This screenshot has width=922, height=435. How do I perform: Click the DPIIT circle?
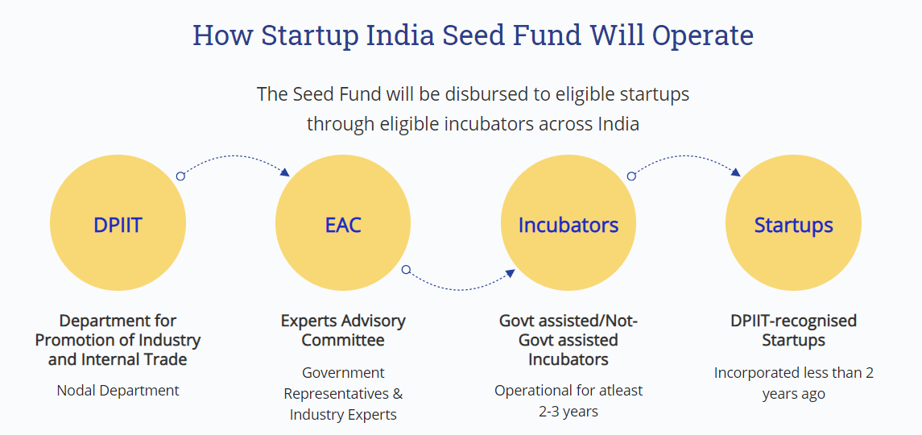[x=118, y=224]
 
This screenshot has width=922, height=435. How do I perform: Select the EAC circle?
[x=343, y=224]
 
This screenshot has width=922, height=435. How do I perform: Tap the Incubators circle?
[x=568, y=224]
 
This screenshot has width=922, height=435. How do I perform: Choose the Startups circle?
[x=793, y=224]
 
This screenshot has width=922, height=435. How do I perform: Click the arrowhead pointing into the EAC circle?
[x=285, y=172]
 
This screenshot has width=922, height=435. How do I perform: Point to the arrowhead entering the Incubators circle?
[x=511, y=274]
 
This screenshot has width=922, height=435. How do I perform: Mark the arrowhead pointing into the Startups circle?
[x=736, y=172]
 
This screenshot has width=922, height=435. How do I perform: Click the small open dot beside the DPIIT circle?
[x=180, y=176]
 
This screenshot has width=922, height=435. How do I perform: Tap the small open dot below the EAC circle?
[x=406, y=270]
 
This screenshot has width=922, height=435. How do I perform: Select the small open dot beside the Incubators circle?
[x=631, y=176]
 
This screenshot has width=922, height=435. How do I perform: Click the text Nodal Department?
[x=118, y=390]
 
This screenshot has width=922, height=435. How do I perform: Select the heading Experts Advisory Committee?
[x=343, y=331]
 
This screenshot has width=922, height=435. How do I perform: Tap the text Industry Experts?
[x=343, y=414]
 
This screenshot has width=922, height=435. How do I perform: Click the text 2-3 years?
[x=568, y=411]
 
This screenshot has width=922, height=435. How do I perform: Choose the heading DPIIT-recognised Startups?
[x=794, y=331]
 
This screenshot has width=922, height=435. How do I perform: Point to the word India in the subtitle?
[x=618, y=124]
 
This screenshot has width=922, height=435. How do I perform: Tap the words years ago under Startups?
[x=794, y=394]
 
